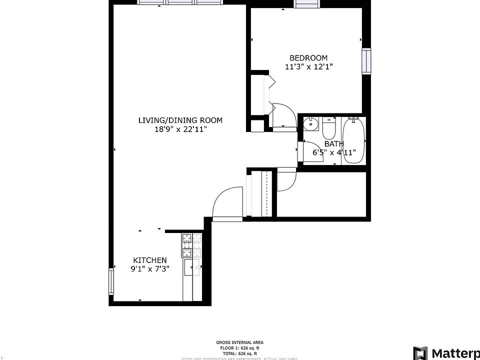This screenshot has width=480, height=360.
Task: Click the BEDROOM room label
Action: [308, 58]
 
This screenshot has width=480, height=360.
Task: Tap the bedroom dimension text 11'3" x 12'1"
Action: [308, 66]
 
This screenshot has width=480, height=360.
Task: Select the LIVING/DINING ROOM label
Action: [180, 120]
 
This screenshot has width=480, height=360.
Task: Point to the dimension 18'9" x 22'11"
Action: [180, 129]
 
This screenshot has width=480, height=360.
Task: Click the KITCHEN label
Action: [149, 260]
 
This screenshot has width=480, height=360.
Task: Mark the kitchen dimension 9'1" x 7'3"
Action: [149, 268]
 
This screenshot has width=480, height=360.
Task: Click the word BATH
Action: [334, 144]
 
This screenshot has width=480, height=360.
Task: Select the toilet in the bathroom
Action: [329, 128]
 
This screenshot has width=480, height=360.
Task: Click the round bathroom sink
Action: [311, 123]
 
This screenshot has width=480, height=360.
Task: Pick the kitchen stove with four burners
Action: [191, 245]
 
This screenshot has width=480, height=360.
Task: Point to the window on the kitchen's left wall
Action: [111, 281]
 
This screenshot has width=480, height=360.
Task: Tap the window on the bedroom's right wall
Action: [367, 61]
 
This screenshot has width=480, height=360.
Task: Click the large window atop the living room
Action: [180, 2]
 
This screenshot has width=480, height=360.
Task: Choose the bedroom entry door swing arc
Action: [282, 115]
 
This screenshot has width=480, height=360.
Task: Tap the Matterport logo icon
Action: [420, 353]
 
